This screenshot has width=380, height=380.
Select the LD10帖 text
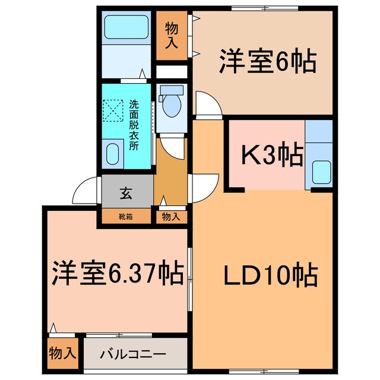270,275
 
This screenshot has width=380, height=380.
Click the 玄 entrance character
126,192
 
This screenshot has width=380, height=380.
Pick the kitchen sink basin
321,173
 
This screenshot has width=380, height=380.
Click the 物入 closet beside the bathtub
171,34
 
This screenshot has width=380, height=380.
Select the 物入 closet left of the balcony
62,354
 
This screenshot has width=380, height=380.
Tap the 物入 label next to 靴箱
170,217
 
